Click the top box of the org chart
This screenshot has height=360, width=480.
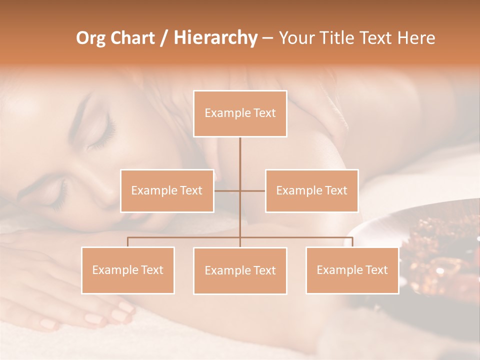240,113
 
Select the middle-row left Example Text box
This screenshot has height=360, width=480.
167,190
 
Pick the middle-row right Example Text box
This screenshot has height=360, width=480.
311,190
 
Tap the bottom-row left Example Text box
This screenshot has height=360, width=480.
128,270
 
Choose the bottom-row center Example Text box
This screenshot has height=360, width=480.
240,270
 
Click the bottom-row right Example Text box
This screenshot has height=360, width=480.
352,270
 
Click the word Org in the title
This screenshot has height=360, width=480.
90,38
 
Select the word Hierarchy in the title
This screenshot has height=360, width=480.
215,38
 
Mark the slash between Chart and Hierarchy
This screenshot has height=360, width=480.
164,38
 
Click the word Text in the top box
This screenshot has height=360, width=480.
264,113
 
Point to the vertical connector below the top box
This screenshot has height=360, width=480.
240,160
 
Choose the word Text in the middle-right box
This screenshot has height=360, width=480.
336,190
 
